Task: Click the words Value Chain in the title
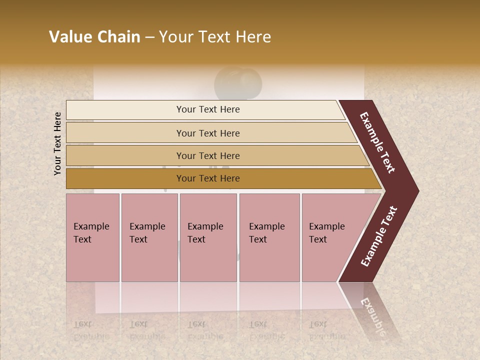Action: pyautogui.click(x=94, y=37)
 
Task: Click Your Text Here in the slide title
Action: pyautogui.click(x=215, y=37)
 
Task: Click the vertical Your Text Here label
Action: pyautogui.click(x=57, y=143)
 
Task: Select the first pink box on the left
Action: pyautogui.click(x=92, y=237)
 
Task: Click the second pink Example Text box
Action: pyautogui.click(x=149, y=237)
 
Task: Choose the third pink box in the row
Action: pyautogui.click(x=208, y=237)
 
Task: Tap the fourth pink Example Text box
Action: pyautogui.click(x=269, y=237)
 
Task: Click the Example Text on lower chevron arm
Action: pyautogui.click(x=379, y=236)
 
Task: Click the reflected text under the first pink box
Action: pyautogui.click(x=91, y=330)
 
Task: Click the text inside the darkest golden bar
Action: pyautogui.click(x=208, y=178)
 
